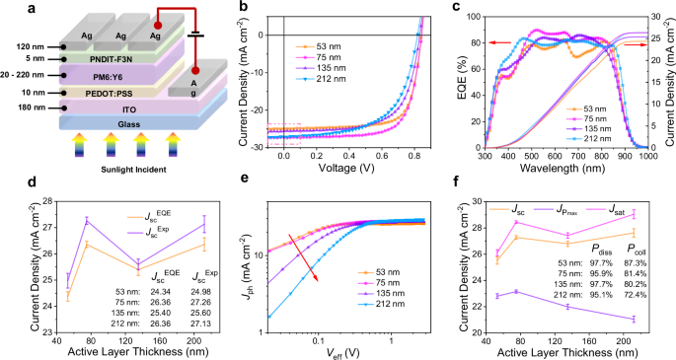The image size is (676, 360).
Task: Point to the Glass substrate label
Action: (115, 123)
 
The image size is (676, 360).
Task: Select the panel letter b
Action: (242, 8)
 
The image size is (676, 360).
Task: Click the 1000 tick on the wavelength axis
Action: (645, 157)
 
